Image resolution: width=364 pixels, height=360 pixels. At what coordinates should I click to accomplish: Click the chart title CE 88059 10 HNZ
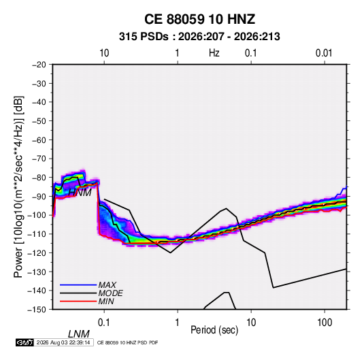(x=199, y=19)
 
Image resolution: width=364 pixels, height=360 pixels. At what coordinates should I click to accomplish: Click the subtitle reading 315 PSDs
(x=144, y=37)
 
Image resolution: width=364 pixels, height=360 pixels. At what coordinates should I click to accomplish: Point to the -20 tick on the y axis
(x=39, y=65)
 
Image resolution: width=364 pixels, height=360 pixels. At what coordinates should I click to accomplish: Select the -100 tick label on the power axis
(x=37, y=215)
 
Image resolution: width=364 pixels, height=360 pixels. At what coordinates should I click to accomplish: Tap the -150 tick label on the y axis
(x=37, y=310)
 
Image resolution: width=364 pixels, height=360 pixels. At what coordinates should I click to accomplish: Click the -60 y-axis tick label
(x=39, y=140)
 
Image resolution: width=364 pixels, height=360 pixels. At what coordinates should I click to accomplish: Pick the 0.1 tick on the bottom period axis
(x=104, y=323)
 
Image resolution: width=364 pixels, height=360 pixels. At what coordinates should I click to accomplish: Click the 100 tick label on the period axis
(x=325, y=323)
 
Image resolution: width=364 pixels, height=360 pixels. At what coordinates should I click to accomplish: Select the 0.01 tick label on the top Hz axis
(x=324, y=53)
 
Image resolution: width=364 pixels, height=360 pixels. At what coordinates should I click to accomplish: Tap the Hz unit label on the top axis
(x=214, y=53)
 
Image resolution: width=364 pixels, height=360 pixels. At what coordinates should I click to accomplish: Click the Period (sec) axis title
(x=214, y=330)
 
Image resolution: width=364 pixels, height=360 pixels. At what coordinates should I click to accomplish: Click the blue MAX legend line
(x=78, y=285)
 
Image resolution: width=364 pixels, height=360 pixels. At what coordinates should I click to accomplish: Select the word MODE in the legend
(x=110, y=293)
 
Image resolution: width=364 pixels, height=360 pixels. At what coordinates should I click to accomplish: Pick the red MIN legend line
(x=78, y=301)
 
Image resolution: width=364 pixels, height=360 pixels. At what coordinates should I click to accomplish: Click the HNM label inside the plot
(x=80, y=193)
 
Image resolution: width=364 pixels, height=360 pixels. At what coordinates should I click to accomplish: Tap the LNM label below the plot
(x=79, y=334)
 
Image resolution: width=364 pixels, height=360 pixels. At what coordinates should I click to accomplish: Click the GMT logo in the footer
(x=25, y=342)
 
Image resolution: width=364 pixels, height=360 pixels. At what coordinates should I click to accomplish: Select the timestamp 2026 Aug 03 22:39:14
(x=63, y=342)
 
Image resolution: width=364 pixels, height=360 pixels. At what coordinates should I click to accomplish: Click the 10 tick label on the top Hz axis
(x=104, y=53)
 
